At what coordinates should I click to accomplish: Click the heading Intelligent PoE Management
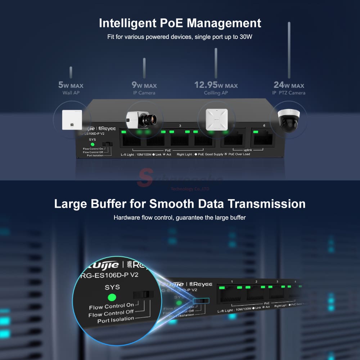click(180, 23)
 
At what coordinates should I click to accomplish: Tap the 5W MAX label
click(71, 86)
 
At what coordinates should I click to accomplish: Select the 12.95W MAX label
click(216, 86)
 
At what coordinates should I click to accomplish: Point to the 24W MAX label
click(289, 85)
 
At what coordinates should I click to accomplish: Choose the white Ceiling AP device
click(215, 118)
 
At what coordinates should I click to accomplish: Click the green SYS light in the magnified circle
click(112, 298)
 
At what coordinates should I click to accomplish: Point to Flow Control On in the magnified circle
click(111, 306)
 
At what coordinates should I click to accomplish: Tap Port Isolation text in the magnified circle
click(116, 319)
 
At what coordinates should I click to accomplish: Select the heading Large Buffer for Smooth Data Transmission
click(180, 204)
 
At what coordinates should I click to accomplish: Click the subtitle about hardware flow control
click(180, 218)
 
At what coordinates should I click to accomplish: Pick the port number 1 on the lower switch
click(232, 282)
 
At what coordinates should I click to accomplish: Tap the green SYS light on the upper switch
click(92, 144)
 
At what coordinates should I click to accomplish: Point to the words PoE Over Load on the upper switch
click(237, 154)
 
